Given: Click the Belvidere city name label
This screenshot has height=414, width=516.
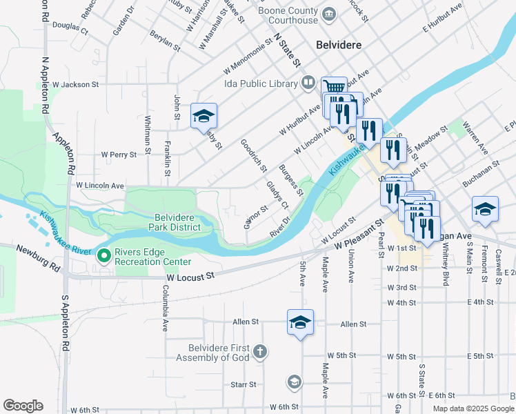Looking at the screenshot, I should pyautogui.click(x=339, y=44).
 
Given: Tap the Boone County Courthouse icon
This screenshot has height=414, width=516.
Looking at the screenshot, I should pyautogui.click(x=329, y=12).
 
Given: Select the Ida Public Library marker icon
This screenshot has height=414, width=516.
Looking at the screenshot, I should pyautogui.click(x=308, y=83).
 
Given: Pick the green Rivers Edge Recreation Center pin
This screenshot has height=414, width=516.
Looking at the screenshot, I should pyautogui.click(x=105, y=256).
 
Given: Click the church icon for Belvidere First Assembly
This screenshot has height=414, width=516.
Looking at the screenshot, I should pyautogui.click(x=259, y=352).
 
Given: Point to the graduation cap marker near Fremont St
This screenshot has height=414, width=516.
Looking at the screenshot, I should pyautogui.click(x=485, y=210).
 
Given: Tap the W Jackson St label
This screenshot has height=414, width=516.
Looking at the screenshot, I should pyautogui.click(x=72, y=84).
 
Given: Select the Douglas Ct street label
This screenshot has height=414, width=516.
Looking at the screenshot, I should pyautogui.click(x=70, y=28).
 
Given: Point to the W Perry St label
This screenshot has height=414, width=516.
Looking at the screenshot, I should pyautogui.click(x=119, y=155).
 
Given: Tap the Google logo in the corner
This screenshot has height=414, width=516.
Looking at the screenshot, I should pyautogui.click(x=23, y=406).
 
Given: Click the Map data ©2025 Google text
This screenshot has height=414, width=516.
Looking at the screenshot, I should pyautogui.click(x=473, y=408).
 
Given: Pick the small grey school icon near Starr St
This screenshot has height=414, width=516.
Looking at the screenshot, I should pyautogui.click(x=294, y=382).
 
